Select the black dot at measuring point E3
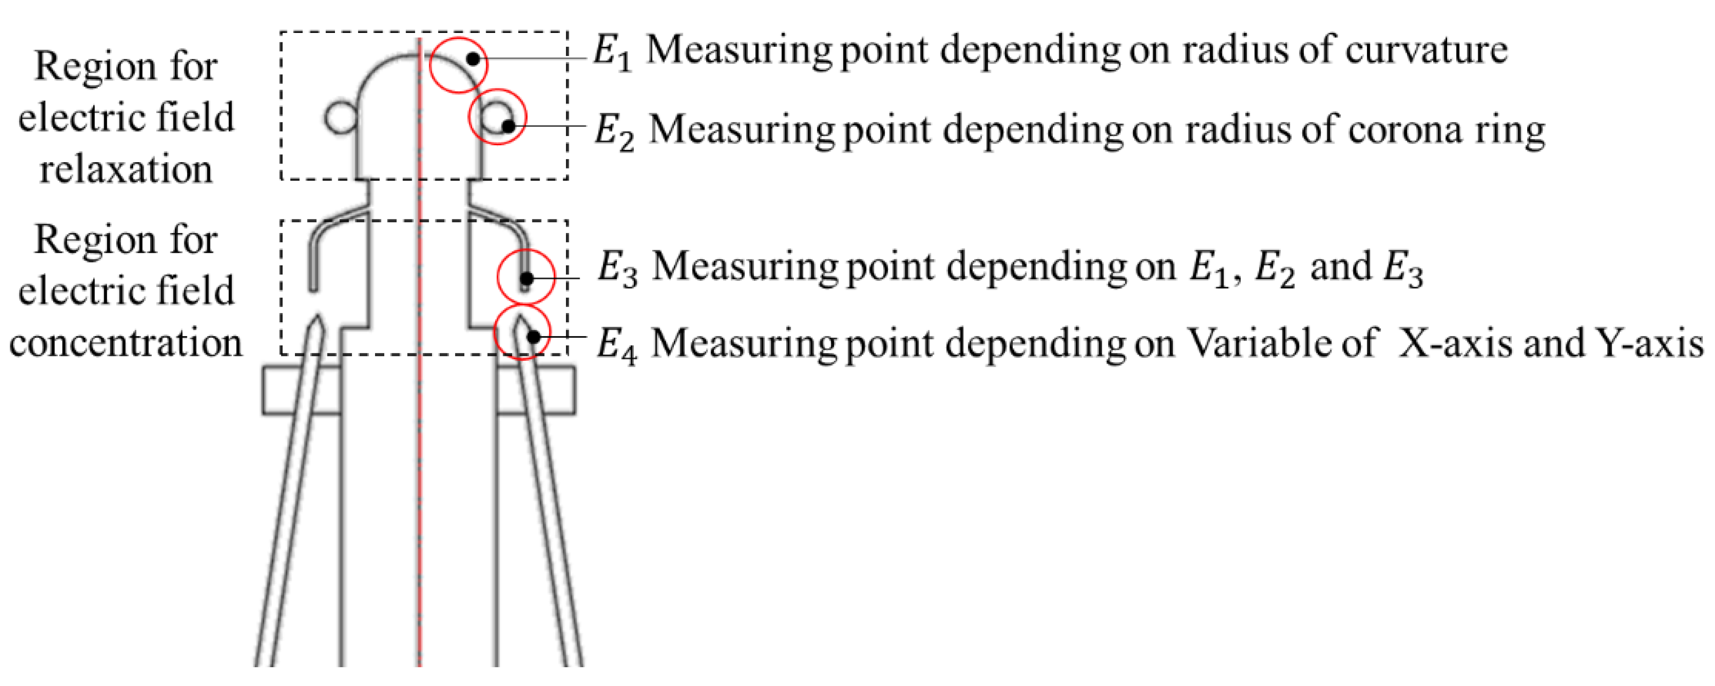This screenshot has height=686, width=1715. [526, 278]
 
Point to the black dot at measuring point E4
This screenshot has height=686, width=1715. [533, 337]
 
